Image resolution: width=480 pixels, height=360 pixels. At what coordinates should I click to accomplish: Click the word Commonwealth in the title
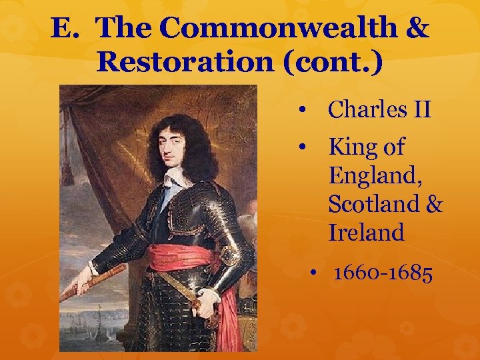click(x=279, y=28)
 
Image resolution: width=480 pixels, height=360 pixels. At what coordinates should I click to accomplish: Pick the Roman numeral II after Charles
click(x=419, y=109)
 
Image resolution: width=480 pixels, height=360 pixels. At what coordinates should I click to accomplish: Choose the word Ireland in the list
click(x=366, y=233)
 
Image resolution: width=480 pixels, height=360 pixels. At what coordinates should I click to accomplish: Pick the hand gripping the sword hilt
click(x=206, y=303)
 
